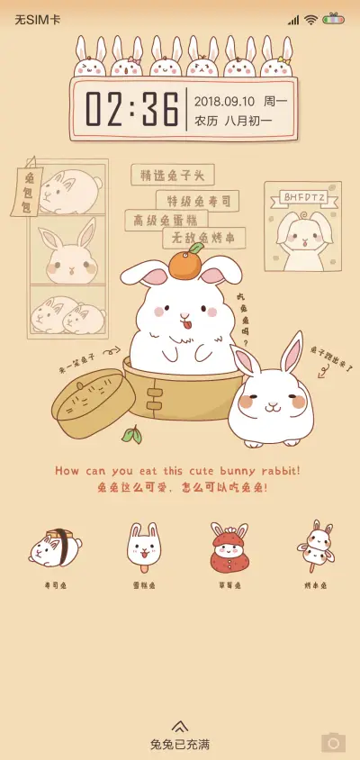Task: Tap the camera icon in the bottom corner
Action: pyautogui.click(x=333, y=742)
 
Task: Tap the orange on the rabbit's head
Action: pyautogui.click(x=186, y=264)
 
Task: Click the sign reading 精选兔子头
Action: pyautogui.click(x=172, y=175)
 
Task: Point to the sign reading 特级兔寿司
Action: pyautogui.click(x=198, y=200)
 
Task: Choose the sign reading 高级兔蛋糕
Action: pyautogui.click(x=166, y=220)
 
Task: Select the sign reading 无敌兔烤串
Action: pyautogui.click(x=203, y=239)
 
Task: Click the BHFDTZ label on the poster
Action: pyautogui.click(x=302, y=196)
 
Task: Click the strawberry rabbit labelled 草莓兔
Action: pyautogui.click(x=229, y=547)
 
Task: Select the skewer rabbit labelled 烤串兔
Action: pyautogui.click(x=315, y=545)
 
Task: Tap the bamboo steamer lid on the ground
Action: pyautogui.click(x=94, y=402)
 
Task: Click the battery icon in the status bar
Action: pyautogui.click(x=334, y=19)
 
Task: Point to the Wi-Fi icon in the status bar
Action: pyautogui.click(x=310, y=19)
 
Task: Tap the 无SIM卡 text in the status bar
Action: pyautogui.click(x=37, y=19)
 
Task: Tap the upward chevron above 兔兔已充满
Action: pyautogui.click(x=180, y=726)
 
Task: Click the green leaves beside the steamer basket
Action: pyautogui.click(x=132, y=436)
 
